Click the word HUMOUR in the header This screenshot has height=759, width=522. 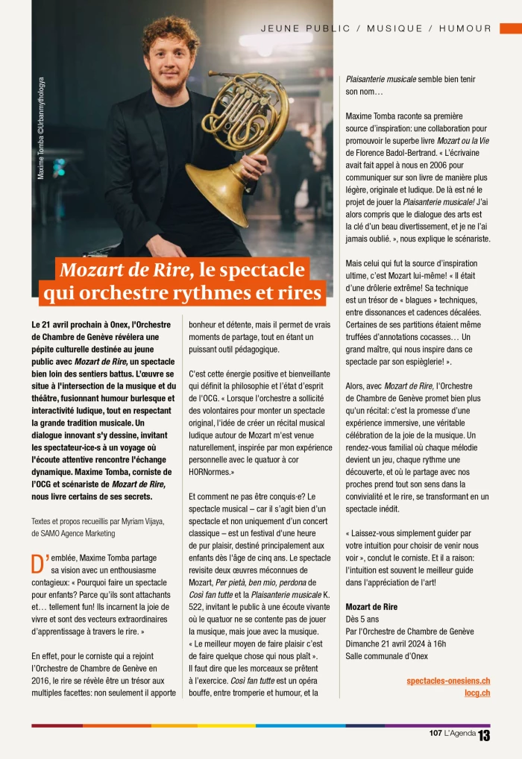click(x=465, y=28)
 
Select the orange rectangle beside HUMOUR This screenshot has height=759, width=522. click(x=510, y=28)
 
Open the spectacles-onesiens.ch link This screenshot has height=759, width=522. click(x=448, y=681)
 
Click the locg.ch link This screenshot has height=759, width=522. click(x=477, y=693)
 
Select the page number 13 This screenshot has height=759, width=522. click(x=485, y=735)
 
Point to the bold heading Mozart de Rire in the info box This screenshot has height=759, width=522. click(x=371, y=607)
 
